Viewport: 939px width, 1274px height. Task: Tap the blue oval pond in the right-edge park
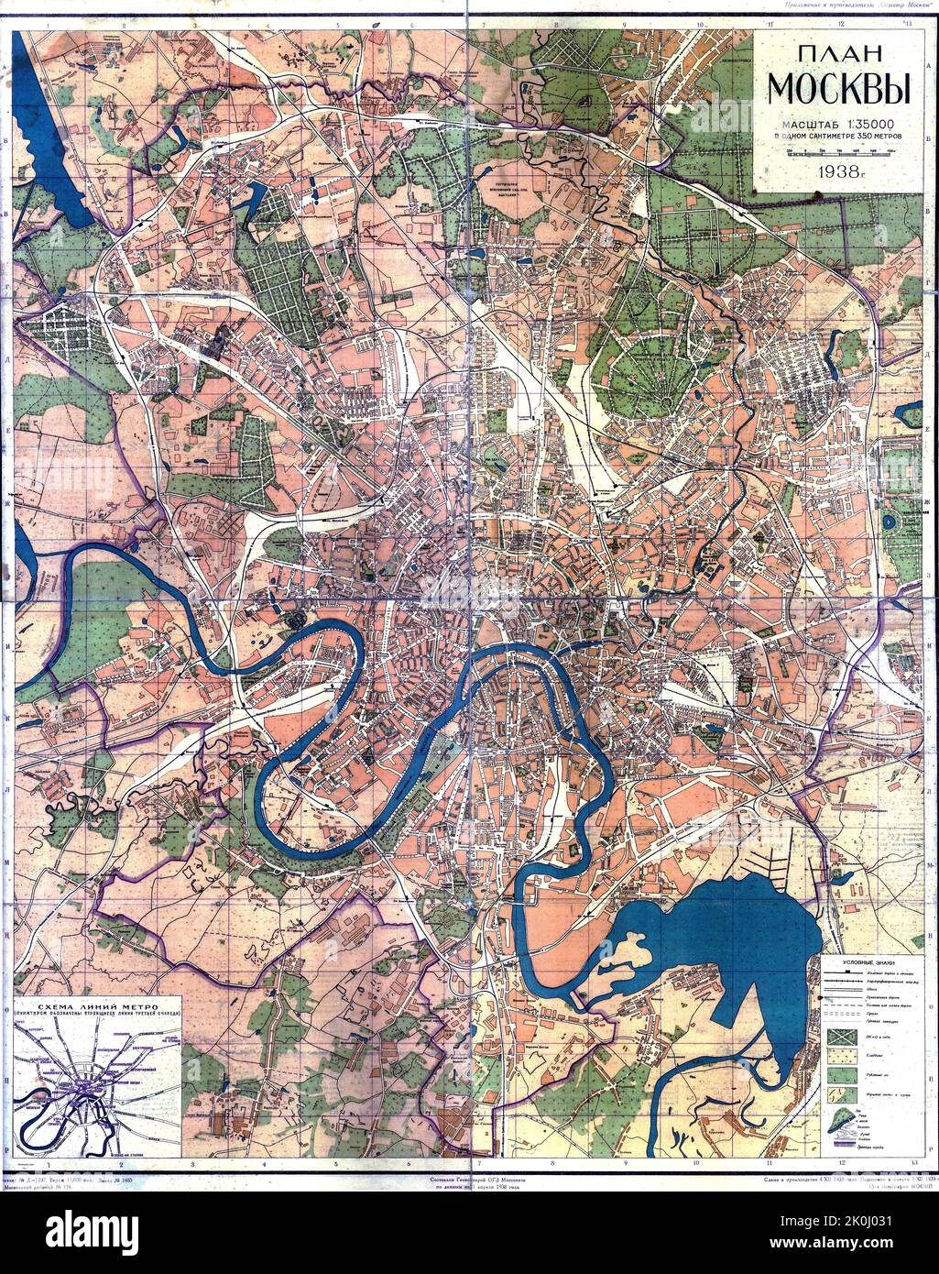click(890, 520)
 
